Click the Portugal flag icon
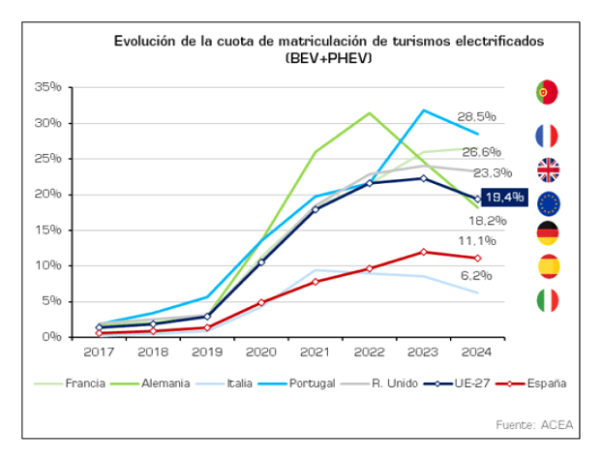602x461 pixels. pyautogui.click(x=547, y=92)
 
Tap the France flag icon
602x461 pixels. pyautogui.click(x=547, y=135)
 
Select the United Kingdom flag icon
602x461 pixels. pyautogui.click(x=548, y=170)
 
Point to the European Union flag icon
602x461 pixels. pyautogui.click(x=548, y=203)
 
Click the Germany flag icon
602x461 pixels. pyautogui.click(x=548, y=233)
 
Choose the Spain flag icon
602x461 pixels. pyautogui.click(x=548, y=266)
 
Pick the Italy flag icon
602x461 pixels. pyautogui.click(x=548, y=300)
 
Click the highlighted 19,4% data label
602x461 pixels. pyautogui.click(x=502, y=198)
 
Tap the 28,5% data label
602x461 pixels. pyautogui.click(x=477, y=115)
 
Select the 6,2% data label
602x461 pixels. pyautogui.click(x=477, y=275)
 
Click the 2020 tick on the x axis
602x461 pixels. pyautogui.click(x=260, y=350)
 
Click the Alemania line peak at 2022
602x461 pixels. pyautogui.click(x=369, y=112)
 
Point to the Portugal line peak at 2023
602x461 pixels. pyautogui.click(x=423, y=109)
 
